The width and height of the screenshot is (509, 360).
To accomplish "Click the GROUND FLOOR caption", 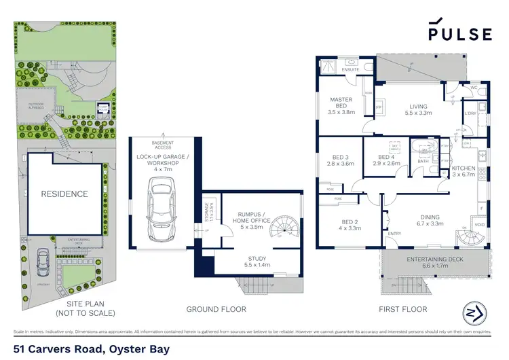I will (216, 309).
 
